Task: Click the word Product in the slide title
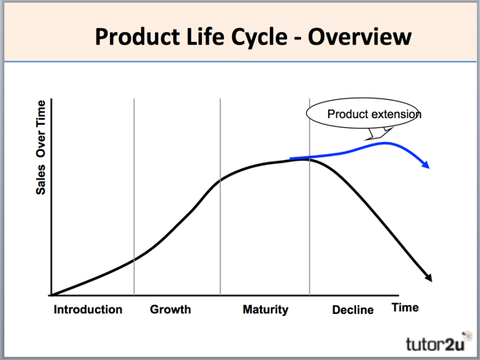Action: (135, 36)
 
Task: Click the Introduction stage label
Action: (88, 309)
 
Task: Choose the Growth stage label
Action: (170, 309)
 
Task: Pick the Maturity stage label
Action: (265, 309)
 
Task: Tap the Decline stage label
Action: (353, 310)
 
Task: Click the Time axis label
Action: (405, 308)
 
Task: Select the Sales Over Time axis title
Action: (40, 147)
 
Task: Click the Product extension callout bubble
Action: (362, 114)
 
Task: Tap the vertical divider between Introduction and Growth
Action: (134, 197)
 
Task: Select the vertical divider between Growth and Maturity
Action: (220, 197)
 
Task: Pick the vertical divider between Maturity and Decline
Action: (309, 197)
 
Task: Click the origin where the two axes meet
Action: (51, 295)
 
